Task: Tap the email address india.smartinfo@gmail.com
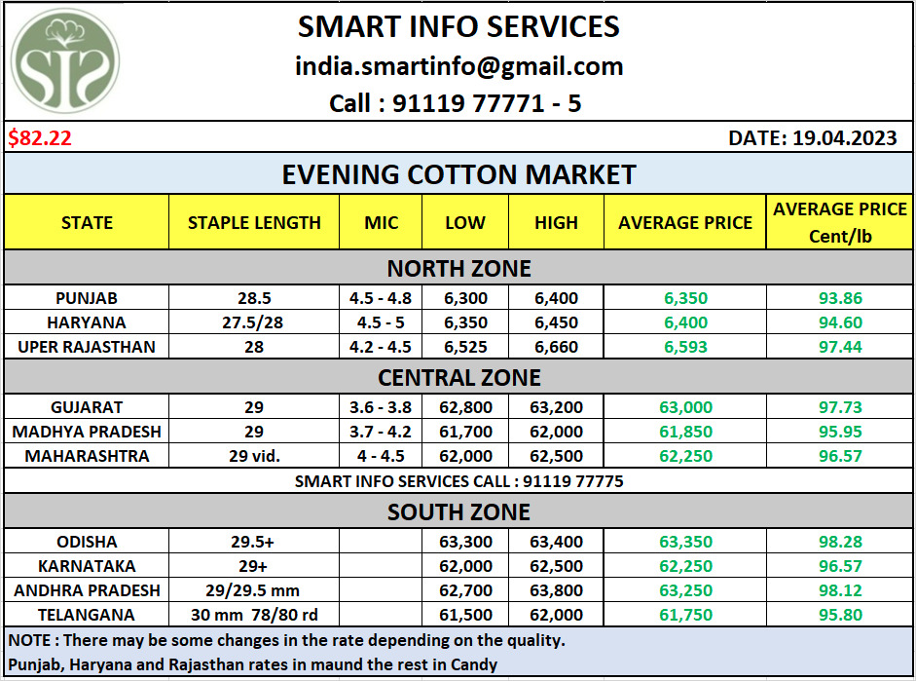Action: pos(458,66)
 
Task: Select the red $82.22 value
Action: pos(40,138)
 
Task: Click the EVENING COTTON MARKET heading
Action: pos(458,174)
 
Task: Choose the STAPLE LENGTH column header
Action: pos(254,222)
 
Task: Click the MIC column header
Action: pos(381,222)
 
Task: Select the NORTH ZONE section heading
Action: pos(458,268)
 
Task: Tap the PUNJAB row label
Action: pos(87,298)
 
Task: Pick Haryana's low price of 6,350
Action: pos(465,322)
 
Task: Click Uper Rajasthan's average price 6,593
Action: pos(685,347)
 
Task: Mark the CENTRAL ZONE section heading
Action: pos(458,376)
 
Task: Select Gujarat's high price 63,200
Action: pos(556,407)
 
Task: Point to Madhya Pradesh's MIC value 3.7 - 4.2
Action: pos(381,432)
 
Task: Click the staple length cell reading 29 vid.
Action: pos(254,456)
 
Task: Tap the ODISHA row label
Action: pos(87,542)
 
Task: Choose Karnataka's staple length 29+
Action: pos(254,566)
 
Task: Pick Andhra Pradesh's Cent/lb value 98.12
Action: pos(840,590)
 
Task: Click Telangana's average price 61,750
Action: pos(685,615)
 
